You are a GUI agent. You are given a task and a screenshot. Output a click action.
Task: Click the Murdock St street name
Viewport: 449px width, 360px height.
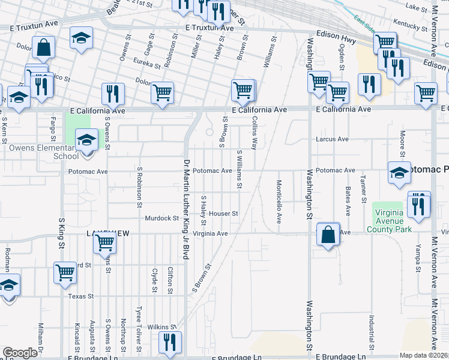158,218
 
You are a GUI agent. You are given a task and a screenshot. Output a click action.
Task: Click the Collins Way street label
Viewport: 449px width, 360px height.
255,134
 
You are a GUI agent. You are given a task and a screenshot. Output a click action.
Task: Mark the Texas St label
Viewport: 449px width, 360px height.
81,296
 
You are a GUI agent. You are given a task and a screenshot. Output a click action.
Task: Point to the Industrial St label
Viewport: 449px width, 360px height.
372,332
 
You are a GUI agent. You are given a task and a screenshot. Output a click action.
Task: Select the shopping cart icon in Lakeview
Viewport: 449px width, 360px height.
104,242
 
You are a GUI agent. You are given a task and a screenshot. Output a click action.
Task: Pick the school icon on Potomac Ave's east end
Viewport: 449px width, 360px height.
399,172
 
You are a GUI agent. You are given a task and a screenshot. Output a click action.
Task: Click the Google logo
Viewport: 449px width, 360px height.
20,353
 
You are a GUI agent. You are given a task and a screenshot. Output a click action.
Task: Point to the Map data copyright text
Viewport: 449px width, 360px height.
424,355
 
